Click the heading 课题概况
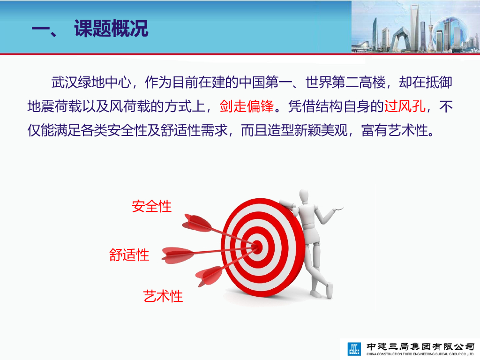[111, 29]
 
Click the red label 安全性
[151, 206]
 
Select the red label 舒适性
[129, 255]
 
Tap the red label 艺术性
[163, 296]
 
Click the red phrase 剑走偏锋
[247, 106]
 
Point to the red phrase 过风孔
[405, 106]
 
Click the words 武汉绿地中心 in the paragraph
[91, 82]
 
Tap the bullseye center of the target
[257, 247]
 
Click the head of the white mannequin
[303, 196]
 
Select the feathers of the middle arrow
[178, 255]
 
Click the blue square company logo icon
[354, 349]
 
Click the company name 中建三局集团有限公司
[420, 346]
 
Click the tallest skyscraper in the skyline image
[414, 28]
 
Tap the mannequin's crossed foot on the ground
[330, 291]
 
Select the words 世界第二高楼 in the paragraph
[345, 82]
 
